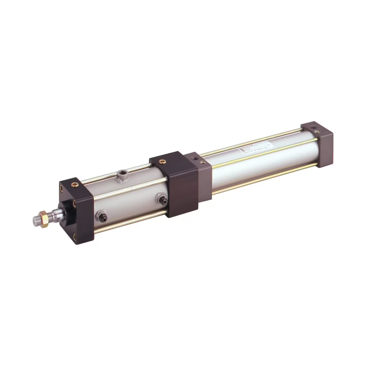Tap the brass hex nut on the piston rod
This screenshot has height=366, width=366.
point(44,219)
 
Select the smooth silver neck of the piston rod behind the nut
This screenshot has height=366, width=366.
point(55,215)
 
